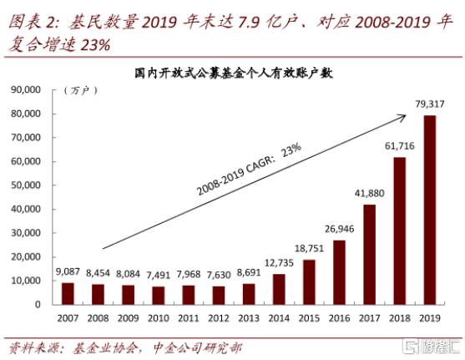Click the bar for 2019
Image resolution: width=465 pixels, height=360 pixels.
pos(428,210)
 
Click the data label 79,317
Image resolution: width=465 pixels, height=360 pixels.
pos(428,104)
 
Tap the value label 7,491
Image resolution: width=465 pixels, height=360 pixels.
pos(158,275)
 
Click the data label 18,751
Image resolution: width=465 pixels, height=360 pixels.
pos(308,249)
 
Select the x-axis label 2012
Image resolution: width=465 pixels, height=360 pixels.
pos(218,318)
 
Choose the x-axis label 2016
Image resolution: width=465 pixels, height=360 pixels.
pos(338,318)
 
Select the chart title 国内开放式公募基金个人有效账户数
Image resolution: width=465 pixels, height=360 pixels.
pos(234,73)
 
